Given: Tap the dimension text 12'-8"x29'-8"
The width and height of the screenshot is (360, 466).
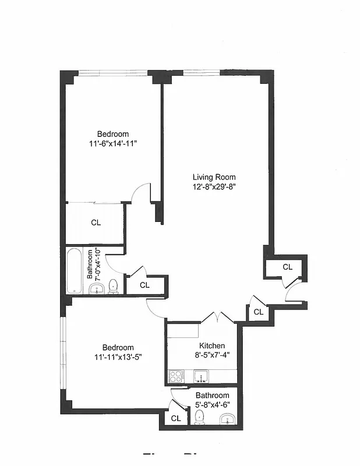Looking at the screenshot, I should (x=214, y=187).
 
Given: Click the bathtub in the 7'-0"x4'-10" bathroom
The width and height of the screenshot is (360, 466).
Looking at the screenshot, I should (x=75, y=271).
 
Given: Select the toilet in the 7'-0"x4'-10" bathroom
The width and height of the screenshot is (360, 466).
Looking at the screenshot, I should (x=113, y=286).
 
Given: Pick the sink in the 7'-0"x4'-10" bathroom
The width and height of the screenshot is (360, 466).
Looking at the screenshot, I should (x=97, y=288).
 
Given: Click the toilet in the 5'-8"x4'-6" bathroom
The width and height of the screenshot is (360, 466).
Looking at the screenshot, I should (x=199, y=417).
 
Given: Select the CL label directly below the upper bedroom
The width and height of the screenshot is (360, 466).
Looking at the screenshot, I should (x=96, y=223).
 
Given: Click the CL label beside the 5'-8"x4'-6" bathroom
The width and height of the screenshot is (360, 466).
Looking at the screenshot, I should (x=175, y=418).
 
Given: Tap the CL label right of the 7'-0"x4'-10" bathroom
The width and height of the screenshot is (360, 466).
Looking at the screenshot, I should (x=145, y=285).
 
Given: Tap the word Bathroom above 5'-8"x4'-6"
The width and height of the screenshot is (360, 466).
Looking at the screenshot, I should (x=212, y=395).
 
